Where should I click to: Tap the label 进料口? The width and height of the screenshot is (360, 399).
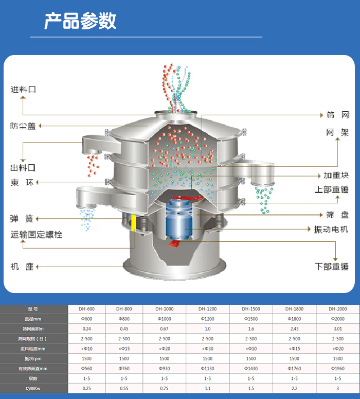click(x=24, y=90)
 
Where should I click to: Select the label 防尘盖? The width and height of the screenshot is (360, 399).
click(x=24, y=126)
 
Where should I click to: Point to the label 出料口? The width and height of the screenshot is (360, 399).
click(x=24, y=168)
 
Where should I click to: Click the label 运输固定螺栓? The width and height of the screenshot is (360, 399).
click(x=37, y=235)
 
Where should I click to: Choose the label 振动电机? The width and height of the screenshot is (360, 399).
click(x=331, y=229)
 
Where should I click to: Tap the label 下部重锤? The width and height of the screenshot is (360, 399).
click(x=332, y=267)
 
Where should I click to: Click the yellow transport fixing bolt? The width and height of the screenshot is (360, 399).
click(x=134, y=222)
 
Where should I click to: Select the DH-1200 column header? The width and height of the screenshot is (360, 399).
click(x=207, y=309)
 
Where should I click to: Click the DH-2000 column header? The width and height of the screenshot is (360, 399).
click(x=337, y=309)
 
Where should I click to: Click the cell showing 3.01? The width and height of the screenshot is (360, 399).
click(x=337, y=328)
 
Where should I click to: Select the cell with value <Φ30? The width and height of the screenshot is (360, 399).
click(x=207, y=349)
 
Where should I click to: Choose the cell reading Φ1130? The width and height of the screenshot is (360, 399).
click(x=207, y=368)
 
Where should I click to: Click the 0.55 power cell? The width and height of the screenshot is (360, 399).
click(x=124, y=388)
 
